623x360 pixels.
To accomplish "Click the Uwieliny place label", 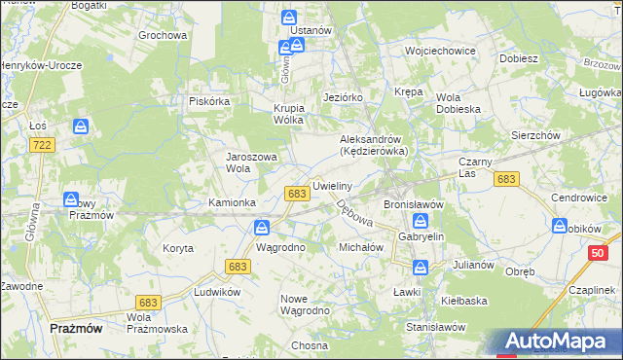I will point(331,184).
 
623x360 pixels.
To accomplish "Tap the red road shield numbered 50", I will point(598,253).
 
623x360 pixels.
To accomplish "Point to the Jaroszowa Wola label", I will point(252,162).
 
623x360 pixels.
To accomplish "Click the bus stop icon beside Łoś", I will point(82,126).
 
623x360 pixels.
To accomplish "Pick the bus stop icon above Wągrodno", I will point(262,228).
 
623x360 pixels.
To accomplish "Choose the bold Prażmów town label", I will point(76,329).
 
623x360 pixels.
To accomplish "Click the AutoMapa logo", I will point(561,342).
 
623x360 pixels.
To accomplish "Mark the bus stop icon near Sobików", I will point(560,226).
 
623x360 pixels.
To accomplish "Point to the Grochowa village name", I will point(162,35).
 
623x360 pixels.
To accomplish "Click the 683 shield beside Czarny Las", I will point(505,179).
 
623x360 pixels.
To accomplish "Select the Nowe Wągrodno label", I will point(305,304).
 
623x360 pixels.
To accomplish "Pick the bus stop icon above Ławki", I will point(421,267).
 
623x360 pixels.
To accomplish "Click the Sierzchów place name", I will point(535,135).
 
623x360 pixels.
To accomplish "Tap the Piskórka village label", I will point(208,100).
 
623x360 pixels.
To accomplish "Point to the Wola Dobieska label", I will point(459,103).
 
